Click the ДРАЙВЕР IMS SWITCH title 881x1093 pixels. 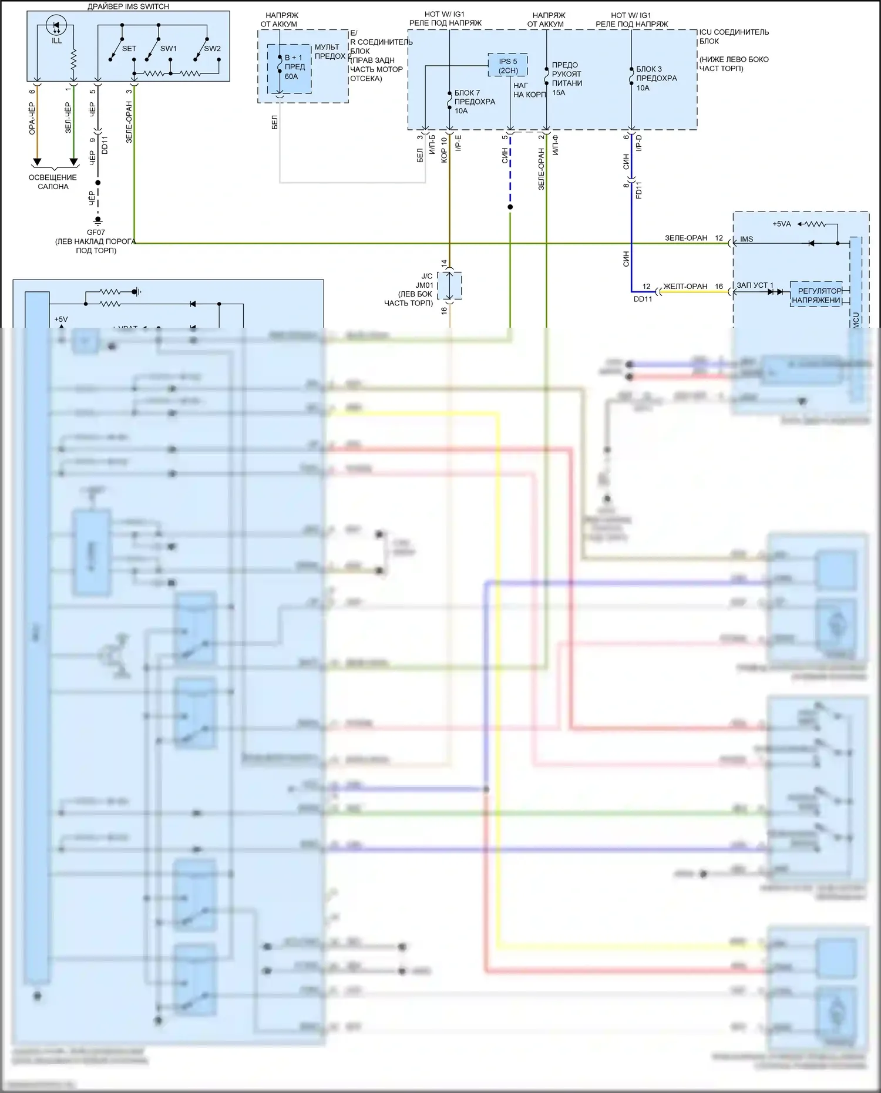pyautogui.click(x=128, y=6)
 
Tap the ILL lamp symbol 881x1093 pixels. pyautogui.click(x=56, y=27)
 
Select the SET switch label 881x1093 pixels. pyautogui.click(x=129, y=49)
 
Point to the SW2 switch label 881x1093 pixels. pyautogui.click(x=212, y=49)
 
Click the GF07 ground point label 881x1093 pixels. pyautogui.click(x=96, y=233)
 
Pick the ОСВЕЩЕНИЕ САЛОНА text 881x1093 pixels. pyautogui.click(x=53, y=182)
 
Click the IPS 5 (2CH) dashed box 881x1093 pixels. pyautogui.click(x=508, y=65)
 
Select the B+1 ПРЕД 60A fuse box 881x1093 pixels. pyautogui.click(x=290, y=68)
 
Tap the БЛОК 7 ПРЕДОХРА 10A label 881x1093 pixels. pyautogui.click(x=475, y=102)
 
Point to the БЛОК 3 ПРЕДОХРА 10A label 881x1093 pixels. pyautogui.click(x=656, y=78)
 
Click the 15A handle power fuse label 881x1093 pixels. pyautogui.click(x=566, y=79)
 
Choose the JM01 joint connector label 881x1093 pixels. pyautogui.click(x=424, y=285)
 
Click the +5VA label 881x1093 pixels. pyautogui.click(x=781, y=224)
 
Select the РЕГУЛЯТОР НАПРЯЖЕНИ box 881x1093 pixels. pyautogui.click(x=816, y=295)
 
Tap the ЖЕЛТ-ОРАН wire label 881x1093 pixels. pyautogui.click(x=685, y=287)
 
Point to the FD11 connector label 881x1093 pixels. pyautogui.click(x=639, y=190)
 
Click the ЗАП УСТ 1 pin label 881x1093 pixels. pyautogui.click(x=755, y=285)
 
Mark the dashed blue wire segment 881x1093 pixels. pyautogui.click(x=510, y=170)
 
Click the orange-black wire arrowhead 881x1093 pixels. pyautogui.click(x=36, y=162)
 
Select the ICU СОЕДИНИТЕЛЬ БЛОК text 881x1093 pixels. pyautogui.click(x=734, y=36)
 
